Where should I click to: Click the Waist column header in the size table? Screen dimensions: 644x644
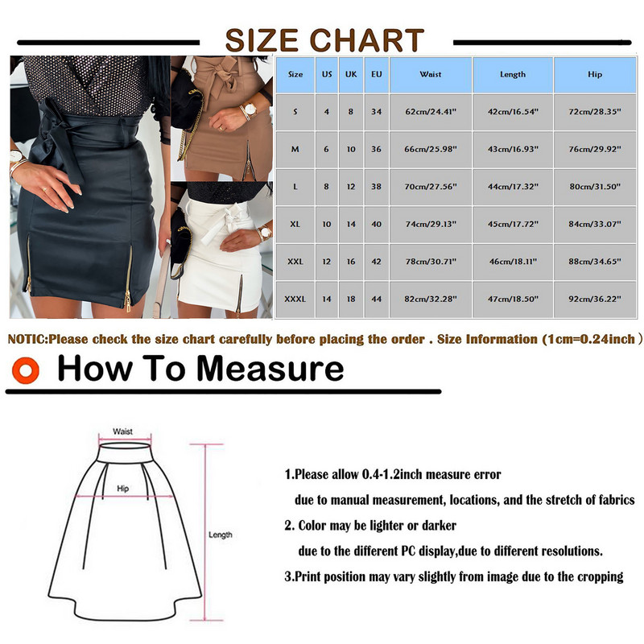[x=431, y=74]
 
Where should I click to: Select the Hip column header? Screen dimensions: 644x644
[x=595, y=74]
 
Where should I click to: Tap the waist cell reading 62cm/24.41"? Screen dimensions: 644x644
[x=431, y=112]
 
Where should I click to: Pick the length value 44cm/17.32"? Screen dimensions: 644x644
[x=513, y=187]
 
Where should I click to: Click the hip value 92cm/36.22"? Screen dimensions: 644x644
[x=595, y=299]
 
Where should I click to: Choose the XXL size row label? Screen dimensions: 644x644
[x=295, y=262]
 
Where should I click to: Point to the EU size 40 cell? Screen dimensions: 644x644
[x=376, y=225]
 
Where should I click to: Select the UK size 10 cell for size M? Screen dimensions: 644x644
[x=351, y=149]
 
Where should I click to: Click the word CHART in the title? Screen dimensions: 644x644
[x=367, y=40]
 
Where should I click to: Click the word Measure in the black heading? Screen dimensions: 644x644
[x=270, y=369]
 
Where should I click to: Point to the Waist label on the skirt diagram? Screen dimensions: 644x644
[x=123, y=431]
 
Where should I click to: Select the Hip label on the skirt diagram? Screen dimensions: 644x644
[x=123, y=489]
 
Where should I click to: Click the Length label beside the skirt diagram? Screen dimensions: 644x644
[x=220, y=535]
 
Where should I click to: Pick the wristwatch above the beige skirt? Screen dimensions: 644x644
[x=249, y=110]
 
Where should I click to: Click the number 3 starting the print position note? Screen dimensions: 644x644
[x=287, y=576]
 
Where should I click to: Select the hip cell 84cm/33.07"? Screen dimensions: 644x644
[x=595, y=225]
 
